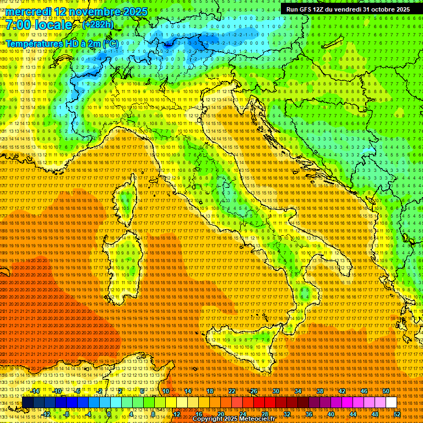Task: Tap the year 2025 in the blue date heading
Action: (x=132, y=12)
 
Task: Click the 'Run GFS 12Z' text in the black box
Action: (x=309, y=9)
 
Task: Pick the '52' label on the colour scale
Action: (x=397, y=414)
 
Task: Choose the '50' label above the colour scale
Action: (x=386, y=391)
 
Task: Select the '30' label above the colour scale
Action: (x=276, y=391)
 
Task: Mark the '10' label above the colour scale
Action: (x=166, y=391)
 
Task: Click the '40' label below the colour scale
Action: (x=331, y=414)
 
